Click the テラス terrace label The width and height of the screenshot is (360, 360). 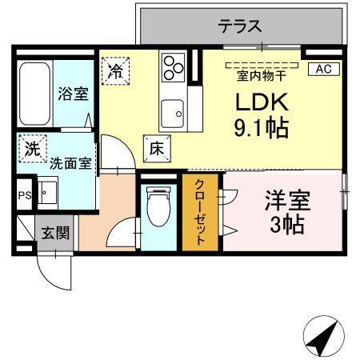pos(239,26)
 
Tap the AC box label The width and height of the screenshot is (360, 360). pos(322,69)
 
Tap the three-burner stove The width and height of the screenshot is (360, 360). pos(172,66)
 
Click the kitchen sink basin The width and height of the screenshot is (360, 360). pos(171,112)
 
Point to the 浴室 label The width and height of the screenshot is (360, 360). pos(73,93)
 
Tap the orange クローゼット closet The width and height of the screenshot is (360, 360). pos(202,213)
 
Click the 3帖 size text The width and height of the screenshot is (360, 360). pos(287,225)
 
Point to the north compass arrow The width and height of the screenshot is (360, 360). pos(322,336)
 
